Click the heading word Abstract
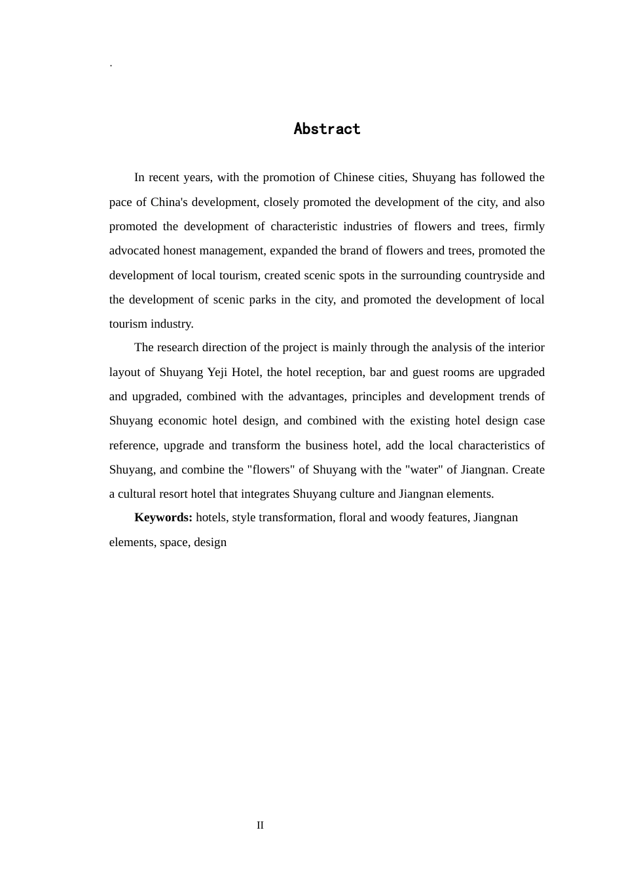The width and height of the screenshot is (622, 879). (x=327, y=129)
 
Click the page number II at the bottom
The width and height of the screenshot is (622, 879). (x=260, y=825)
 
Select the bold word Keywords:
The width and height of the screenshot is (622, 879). (x=163, y=517)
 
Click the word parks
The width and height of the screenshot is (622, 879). (x=262, y=300)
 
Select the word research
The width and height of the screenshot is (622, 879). (x=178, y=347)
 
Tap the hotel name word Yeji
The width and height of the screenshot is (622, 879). (x=217, y=372)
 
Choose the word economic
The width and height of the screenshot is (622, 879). (x=182, y=421)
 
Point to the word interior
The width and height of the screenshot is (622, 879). (x=526, y=347)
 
